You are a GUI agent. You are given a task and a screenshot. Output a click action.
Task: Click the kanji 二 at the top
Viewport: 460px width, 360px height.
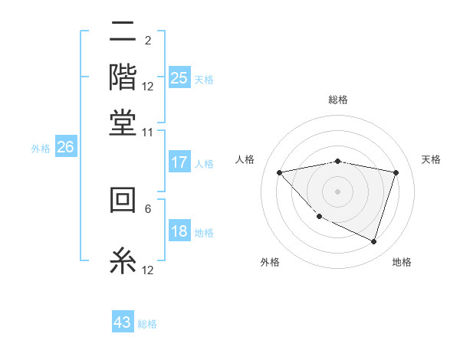pyautogui.click(x=123, y=32)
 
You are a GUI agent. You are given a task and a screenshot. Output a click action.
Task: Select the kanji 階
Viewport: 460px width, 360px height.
pyautogui.click(x=123, y=77)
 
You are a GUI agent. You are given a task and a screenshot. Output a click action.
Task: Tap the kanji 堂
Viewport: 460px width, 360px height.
pyautogui.click(x=123, y=123)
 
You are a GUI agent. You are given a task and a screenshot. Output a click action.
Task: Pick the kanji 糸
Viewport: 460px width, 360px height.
pyautogui.click(x=123, y=261)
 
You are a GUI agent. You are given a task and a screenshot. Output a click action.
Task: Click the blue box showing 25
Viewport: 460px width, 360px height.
pyautogui.click(x=179, y=78)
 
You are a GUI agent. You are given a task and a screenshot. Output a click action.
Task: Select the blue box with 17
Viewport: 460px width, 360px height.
pyautogui.click(x=179, y=162)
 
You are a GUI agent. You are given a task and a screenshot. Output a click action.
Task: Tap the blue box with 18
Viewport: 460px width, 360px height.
pyautogui.click(x=179, y=232)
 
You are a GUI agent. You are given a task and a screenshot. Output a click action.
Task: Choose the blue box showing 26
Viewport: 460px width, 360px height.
pyautogui.click(x=65, y=148)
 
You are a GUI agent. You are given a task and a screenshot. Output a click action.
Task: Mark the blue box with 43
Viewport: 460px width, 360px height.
pyautogui.click(x=123, y=322)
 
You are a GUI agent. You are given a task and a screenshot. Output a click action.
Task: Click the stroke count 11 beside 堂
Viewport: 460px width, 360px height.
pyautogui.click(x=148, y=133)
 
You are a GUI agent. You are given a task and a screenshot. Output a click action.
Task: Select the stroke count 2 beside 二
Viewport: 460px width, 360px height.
pyautogui.click(x=148, y=40)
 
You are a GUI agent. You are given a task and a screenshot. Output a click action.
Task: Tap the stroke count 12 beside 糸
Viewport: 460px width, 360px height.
pyautogui.click(x=148, y=270)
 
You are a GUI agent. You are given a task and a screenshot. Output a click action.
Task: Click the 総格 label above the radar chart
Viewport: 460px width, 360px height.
pyautogui.click(x=338, y=100)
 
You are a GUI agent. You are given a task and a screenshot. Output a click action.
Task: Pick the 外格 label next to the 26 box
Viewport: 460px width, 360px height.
pyautogui.click(x=41, y=149)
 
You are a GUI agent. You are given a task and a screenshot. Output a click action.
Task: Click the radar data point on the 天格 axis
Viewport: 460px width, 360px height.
pyautogui.click(x=396, y=172)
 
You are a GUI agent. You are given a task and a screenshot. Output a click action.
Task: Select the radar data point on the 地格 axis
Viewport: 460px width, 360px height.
pyautogui.click(x=373, y=241)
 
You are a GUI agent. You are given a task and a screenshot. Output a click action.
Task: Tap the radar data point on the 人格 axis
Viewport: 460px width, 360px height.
pyautogui.click(x=279, y=172)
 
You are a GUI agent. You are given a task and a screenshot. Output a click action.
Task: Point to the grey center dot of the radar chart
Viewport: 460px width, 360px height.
pyautogui.click(x=338, y=191)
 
